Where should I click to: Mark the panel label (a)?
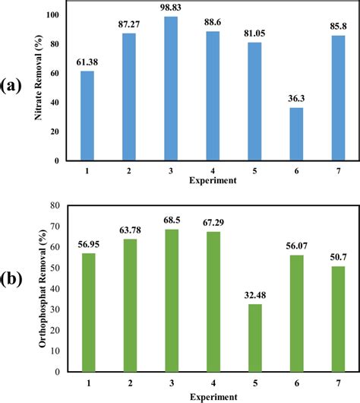pyautogui.click(x=16, y=84)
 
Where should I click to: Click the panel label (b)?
pyautogui.click(x=16, y=297)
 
